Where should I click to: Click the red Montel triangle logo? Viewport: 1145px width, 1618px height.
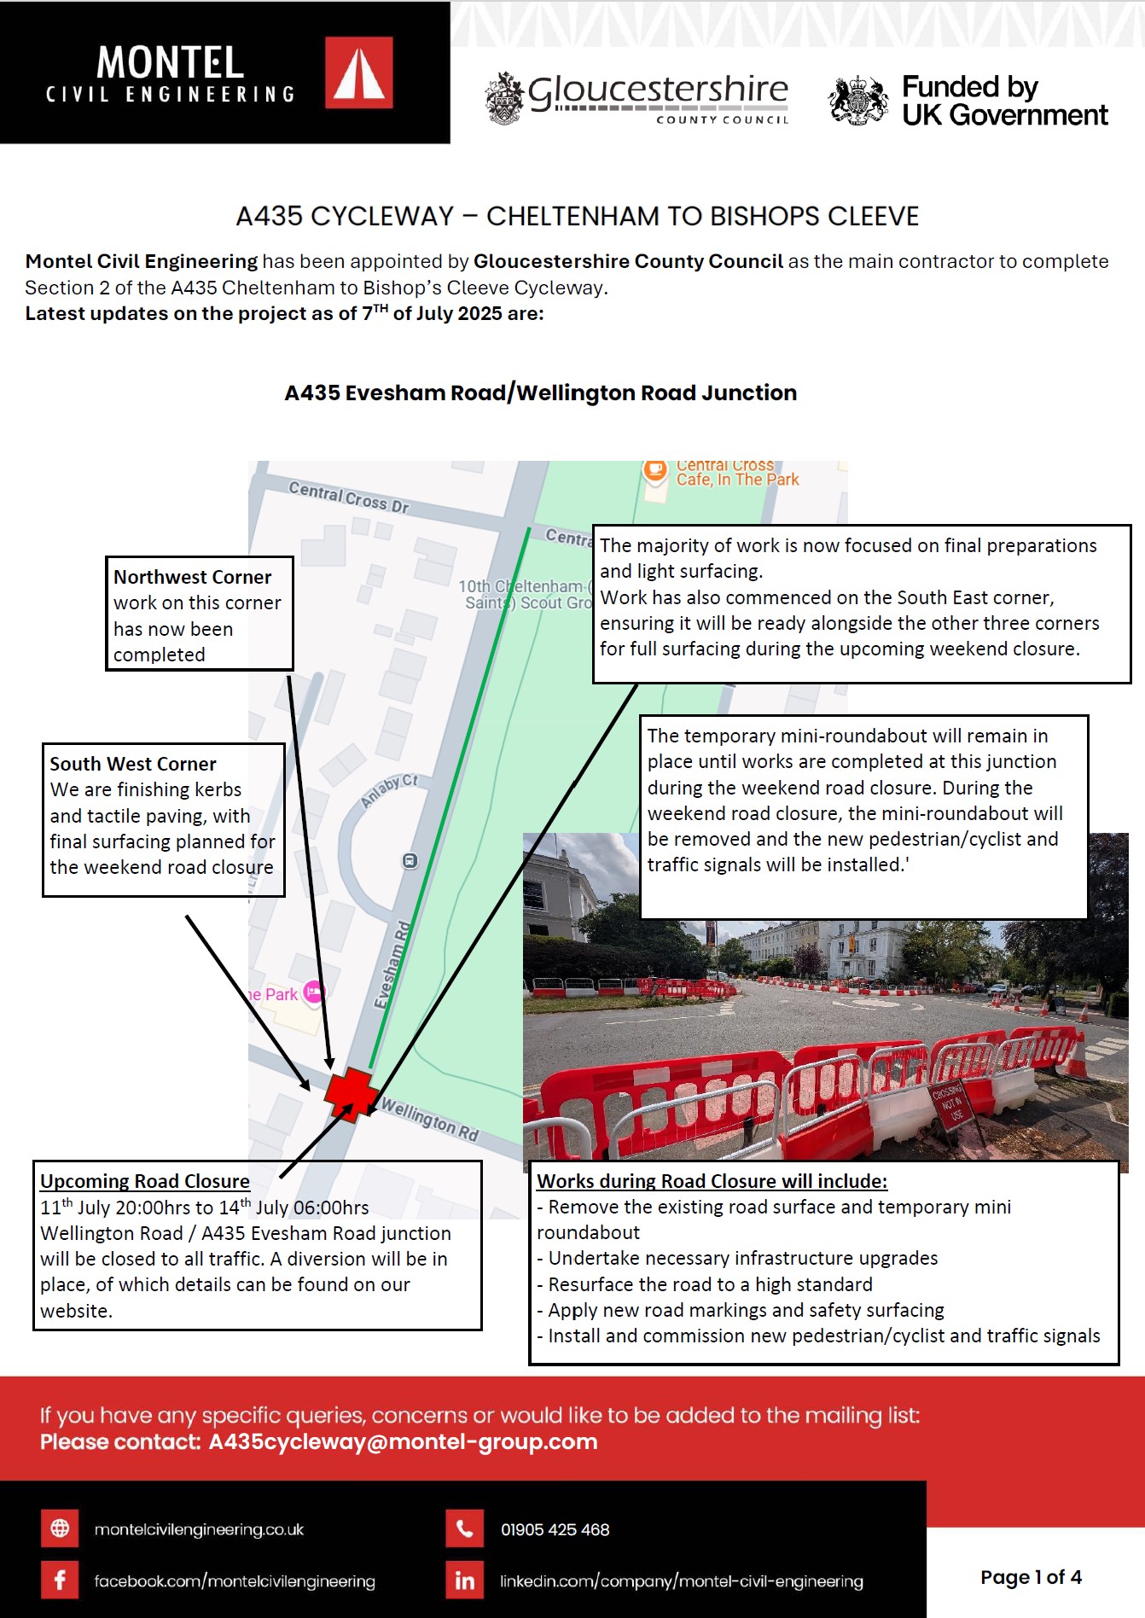(x=359, y=73)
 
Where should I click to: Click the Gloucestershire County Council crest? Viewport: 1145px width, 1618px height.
(x=504, y=98)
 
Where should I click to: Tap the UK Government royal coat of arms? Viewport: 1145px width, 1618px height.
(x=858, y=101)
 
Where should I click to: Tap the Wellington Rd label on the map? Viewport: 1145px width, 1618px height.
(x=429, y=1120)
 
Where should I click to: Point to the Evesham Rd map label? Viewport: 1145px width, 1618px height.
(x=392, y=964)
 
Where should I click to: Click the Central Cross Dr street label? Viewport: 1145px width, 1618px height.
(x=348, y=497)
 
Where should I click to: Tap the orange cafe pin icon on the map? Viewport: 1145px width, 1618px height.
(x=655, y=470)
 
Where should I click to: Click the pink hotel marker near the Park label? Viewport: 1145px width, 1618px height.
(x=314, y=992)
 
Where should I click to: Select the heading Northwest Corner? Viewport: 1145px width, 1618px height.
(x=192, y=577)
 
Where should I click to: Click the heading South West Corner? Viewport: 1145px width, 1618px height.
(x=133, y=764)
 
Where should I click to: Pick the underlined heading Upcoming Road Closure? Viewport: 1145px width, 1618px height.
(x=145, y=1181)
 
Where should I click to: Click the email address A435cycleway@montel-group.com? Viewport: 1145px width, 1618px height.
(x=403, y=1442)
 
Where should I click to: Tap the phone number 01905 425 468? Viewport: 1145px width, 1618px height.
(x=555, y=1530)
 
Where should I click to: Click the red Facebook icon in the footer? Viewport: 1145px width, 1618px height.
(x=60, y=1580)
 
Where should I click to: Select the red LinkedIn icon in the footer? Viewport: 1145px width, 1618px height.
(x=464, y=1580)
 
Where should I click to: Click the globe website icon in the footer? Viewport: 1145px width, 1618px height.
(x=60, y=1528)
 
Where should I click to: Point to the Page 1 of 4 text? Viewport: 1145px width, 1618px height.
(x=1031, y=1577)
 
